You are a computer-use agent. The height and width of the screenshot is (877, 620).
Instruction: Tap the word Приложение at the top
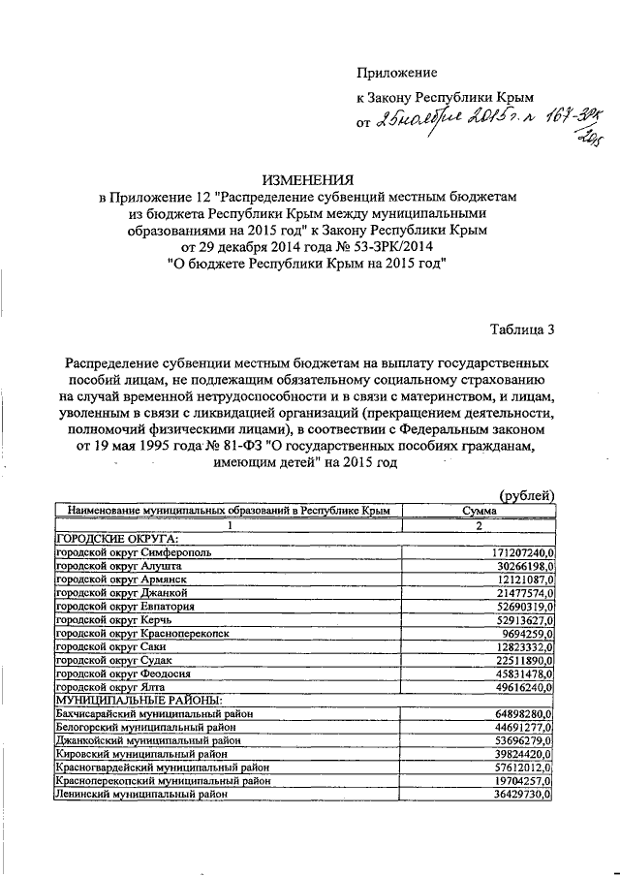click(397, 73)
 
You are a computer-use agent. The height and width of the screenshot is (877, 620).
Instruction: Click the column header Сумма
click(480, 510)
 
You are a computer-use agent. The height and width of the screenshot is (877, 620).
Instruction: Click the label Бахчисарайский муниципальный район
click(156, 713)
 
